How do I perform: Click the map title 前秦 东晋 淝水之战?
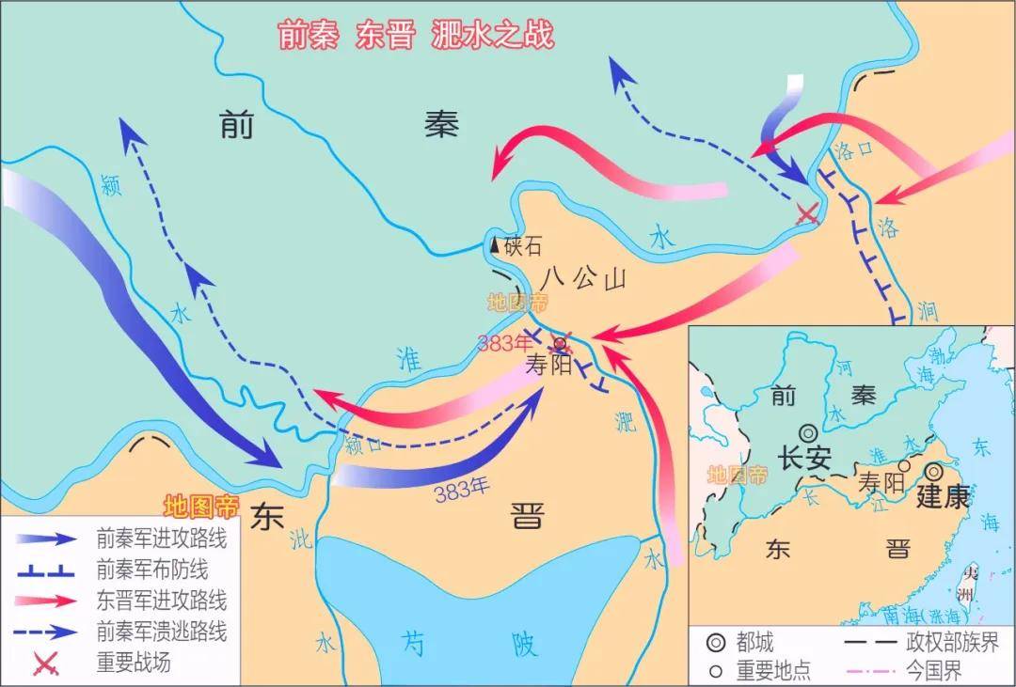416,34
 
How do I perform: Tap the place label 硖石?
524,246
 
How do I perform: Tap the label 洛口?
853,150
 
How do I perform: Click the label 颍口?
364,445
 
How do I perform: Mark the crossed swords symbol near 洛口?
806,213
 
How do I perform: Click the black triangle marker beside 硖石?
495,246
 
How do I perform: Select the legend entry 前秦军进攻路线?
161,539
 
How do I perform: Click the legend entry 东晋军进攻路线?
161,600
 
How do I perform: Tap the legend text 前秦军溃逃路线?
161,631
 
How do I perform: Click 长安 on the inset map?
804,458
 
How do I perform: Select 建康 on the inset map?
942,496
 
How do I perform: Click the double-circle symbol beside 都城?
716,643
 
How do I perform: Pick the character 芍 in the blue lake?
413,643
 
